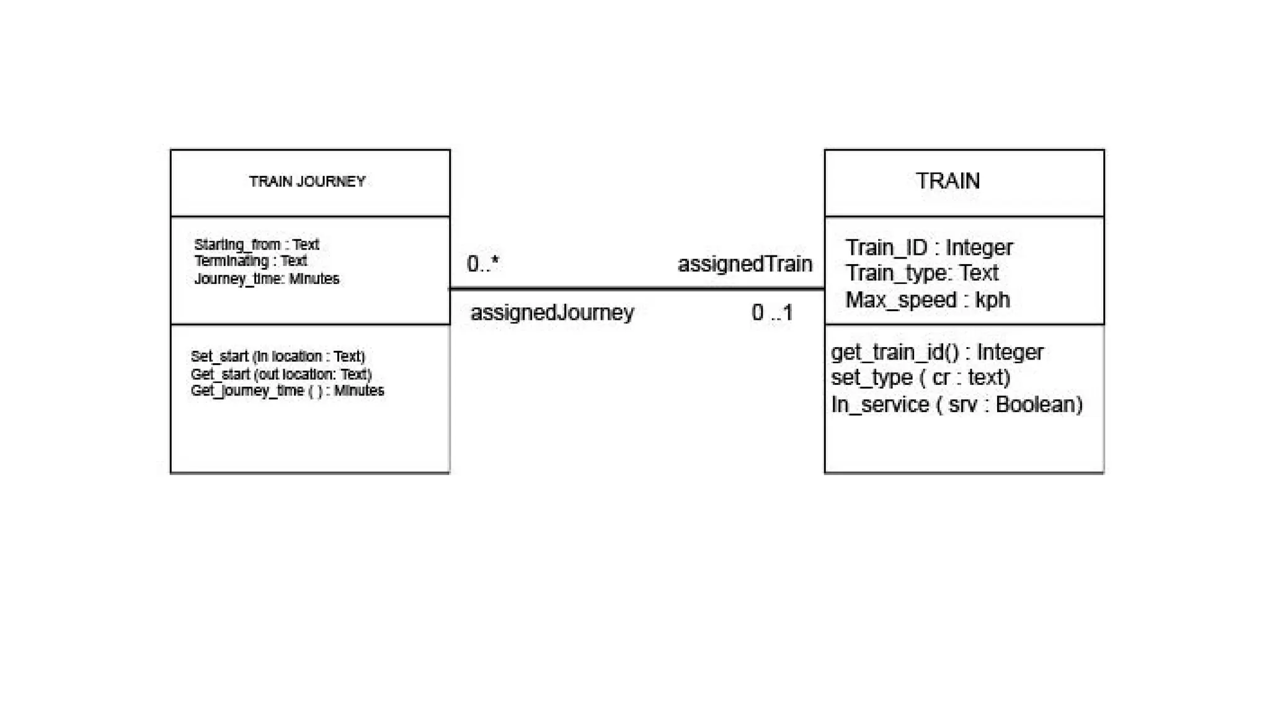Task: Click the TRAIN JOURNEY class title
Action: pos(307,182)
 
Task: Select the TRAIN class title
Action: pos(948,181)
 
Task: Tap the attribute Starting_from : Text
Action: pos(256,244)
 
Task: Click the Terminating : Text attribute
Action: pos(251,261)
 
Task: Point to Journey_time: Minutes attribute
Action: pos(267,279)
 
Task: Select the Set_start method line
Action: pos(278,356)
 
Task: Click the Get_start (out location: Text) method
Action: pos(281,374)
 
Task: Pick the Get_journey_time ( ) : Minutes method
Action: pos(287,391)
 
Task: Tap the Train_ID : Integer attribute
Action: pos(928,247)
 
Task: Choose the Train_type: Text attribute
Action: pos(921,273)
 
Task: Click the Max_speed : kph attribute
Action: pos(927,300)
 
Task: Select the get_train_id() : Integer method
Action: pos(937,352)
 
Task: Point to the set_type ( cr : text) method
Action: pos(920,377)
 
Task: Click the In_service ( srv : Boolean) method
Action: pos(956,405)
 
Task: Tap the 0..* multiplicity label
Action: pos(482,264)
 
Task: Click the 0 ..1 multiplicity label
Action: pos(771,312)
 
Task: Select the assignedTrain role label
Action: pos(744,264)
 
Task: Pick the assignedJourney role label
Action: pos(552,312)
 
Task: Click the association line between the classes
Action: pos(637,289)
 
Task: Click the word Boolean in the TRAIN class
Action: pos(1039,405)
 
